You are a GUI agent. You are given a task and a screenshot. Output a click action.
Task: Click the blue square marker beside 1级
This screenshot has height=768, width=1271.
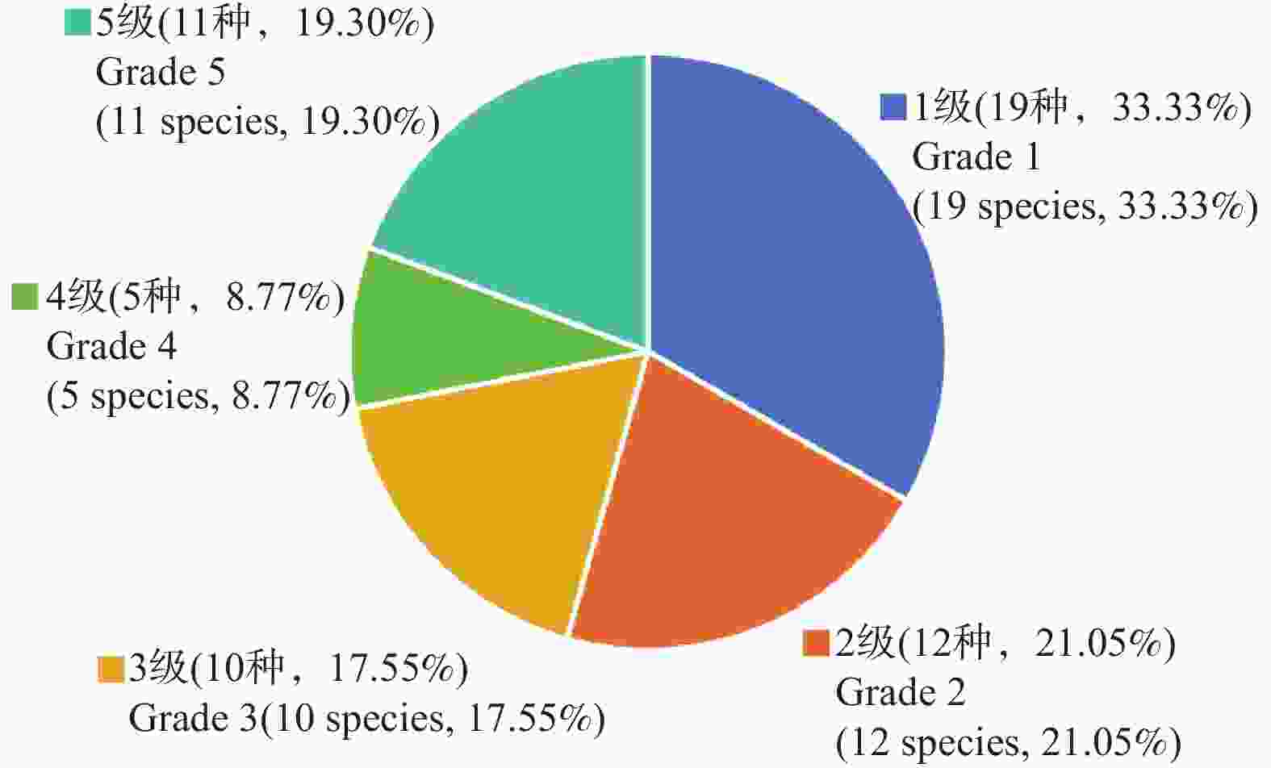tap(893, 107)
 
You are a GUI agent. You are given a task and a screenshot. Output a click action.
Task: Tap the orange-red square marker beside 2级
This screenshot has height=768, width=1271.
tap(817, 644)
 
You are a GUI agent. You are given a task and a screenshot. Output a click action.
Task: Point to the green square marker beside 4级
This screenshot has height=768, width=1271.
tap(25, 297)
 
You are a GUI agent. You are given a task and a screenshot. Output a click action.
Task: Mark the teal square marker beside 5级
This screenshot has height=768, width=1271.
tap(77, 23)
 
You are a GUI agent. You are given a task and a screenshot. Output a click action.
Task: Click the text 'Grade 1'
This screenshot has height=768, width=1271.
tap(976, 157)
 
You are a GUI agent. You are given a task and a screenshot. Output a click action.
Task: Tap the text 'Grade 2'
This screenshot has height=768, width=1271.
tap(900, 693)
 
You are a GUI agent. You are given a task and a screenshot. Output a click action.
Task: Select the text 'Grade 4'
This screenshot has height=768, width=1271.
tap(111, 347)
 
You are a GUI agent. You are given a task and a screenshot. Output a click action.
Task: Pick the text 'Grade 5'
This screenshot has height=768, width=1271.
tap(160, 73)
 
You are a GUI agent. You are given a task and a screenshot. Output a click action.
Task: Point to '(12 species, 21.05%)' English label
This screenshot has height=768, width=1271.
tap(1008, 743)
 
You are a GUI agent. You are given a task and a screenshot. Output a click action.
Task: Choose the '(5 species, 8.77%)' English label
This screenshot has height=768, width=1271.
tap(199, 397)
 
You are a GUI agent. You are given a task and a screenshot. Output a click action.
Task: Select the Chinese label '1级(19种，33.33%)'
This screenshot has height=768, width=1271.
tap(1082, 107)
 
